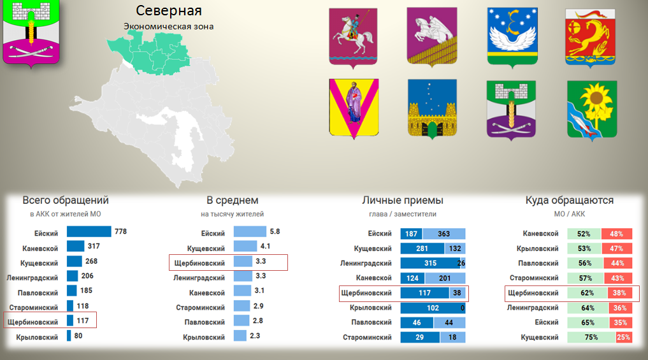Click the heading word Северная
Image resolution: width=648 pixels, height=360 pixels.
169,11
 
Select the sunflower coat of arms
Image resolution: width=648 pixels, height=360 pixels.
592,110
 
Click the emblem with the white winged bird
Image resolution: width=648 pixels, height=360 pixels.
512,37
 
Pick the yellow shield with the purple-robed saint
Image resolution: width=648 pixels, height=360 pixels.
354,108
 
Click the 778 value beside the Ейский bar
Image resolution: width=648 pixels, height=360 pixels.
120,231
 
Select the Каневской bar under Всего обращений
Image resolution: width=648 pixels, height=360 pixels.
76,247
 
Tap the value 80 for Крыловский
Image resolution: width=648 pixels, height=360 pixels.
78,336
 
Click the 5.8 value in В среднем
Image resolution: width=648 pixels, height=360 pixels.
275,231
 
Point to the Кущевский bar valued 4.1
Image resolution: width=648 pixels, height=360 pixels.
245,247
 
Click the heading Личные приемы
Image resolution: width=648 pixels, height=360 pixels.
403,201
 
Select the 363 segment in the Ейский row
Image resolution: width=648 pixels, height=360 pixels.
444,234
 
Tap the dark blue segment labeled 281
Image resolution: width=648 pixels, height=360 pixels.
422,248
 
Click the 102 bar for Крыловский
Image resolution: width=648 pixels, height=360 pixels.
432,308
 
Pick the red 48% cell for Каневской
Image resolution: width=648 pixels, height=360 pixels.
617,234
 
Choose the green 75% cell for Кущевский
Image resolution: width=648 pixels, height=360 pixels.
591,337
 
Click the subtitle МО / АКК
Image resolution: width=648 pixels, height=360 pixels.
570,214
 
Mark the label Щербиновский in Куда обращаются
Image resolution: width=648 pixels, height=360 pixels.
533,293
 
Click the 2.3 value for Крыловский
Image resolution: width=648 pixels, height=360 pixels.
255,336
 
